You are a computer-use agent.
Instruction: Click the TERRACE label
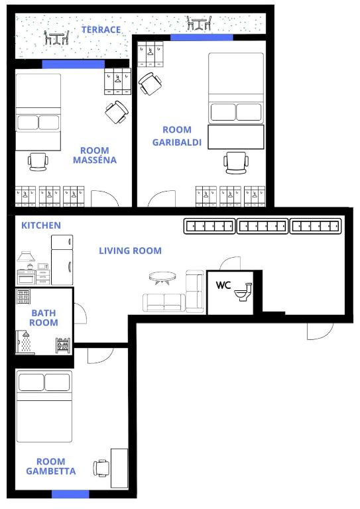tap(101, 30)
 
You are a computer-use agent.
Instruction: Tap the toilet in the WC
tap(243, 292)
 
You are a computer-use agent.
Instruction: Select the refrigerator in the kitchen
tap(62, 260)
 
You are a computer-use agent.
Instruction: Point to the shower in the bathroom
tap(24, 343)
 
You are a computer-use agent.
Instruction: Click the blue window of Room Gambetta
tap(70, 494)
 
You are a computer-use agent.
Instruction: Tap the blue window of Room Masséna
tap(74, 64)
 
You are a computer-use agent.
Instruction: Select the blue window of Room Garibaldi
tap(202, 37)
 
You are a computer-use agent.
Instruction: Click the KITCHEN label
tap(41, 225)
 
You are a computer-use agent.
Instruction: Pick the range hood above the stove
tap(26, 256)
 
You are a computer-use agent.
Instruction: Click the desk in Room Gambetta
tap(119, 468)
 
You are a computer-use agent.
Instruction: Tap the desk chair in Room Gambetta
tap(101, 469)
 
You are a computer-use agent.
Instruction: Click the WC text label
tap(223, 286)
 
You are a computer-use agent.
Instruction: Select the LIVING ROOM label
tap(130, 251)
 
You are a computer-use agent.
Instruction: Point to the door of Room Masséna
tap(105, 198)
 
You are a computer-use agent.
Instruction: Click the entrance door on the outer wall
tap(320, 331)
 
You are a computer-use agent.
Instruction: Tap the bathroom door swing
tap(80, 313)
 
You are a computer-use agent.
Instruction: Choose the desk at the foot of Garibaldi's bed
tap(235, 137)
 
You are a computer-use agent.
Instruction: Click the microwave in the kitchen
tap(43, 266)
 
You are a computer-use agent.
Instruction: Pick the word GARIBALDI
tap(177, 142)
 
